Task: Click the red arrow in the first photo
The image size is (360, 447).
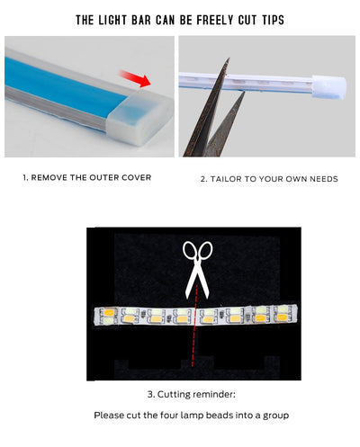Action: tap(136, 78)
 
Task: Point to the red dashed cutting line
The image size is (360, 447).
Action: tap(194, 326)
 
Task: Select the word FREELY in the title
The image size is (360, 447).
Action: tap(215, 20)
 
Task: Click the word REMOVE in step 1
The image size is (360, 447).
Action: tap(49, 177)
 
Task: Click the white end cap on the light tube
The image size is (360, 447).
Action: tap(329, 87)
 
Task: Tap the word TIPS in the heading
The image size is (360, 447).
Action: tap(273, 20)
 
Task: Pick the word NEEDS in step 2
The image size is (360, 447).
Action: tap(324, 179)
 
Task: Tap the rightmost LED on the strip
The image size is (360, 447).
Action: tap(282, 314)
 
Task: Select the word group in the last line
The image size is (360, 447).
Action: tap(276, 416)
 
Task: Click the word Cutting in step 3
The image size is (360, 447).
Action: tap(173, 395)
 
